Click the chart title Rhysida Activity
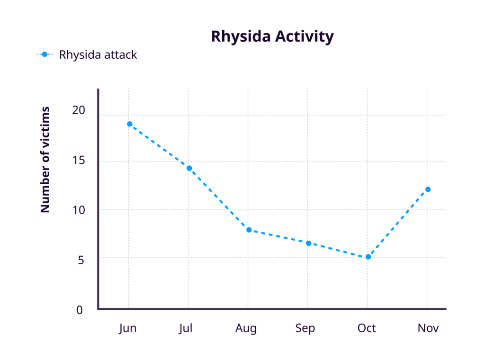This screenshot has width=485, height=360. (x=272, y=36)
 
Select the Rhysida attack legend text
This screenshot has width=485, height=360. (x=98, y=54)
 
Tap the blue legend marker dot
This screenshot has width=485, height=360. (x=45, y=54)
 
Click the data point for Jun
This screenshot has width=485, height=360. (x=129, y=124)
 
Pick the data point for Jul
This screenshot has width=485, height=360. (x=189, y=168)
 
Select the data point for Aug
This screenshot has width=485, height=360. (x=249, y=230)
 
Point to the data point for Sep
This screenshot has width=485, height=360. (x=308, y=243)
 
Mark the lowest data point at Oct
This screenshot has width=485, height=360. (x=368, y=257)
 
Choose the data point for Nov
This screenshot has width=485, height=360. (x=428, y=189)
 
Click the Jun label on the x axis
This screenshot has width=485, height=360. (x=127, y=328)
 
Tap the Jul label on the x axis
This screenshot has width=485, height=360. (x=186, y=328)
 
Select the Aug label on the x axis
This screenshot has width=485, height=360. (x=246, y=329)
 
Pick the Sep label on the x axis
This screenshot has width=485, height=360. (x=305, y=329)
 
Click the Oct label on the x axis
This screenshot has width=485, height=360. (x=367, y=328)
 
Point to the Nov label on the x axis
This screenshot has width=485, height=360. (x=428, y=328)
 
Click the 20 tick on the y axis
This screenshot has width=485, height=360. (x=78, y=110)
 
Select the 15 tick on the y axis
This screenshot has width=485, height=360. (x=78, y=161)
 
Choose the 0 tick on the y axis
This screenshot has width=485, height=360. (x=80, y=310)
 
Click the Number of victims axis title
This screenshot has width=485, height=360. (x=45, y=159)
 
